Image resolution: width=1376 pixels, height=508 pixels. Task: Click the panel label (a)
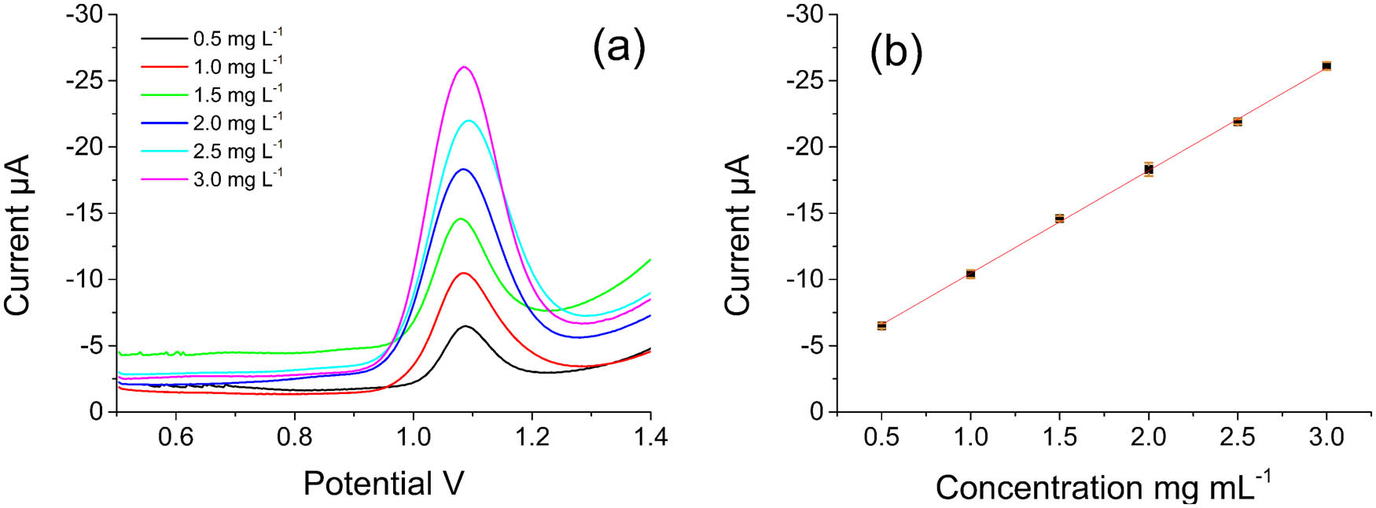(x=619, y=47)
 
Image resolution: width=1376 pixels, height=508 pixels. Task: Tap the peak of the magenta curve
(x=464, y=67)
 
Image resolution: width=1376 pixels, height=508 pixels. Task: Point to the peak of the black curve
(x=465, y=326)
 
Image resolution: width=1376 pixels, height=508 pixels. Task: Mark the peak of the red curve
(x=463, y=273)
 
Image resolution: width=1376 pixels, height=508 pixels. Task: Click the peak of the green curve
(x=460, y=219)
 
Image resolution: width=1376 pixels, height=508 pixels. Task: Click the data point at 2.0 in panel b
(x=1149, y=169)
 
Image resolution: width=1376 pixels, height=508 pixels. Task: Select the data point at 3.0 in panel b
(x=1326, y=66)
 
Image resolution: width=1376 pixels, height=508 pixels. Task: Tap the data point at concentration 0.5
(x=881, y=326)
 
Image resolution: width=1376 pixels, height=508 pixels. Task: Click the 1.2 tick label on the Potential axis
(x=532, y=437)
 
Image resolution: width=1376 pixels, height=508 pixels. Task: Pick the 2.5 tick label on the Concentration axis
(x=1237, y=437)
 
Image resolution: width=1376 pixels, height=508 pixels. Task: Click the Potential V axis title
(x=383, y=484)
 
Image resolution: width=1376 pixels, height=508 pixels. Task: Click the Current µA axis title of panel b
(x=738, y=236)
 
